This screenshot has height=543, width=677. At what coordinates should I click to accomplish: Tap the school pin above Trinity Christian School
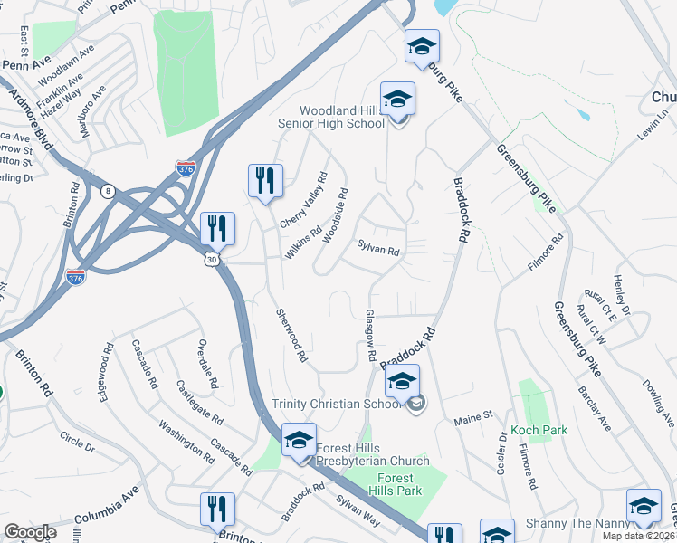tap(403, 381)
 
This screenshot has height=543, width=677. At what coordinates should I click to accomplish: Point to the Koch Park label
tap(539, 430)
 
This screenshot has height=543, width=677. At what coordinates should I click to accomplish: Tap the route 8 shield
tap(109, 191)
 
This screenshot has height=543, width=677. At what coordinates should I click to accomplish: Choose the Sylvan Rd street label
tap(378, 246)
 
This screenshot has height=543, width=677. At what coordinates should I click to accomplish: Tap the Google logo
tap(30, 532)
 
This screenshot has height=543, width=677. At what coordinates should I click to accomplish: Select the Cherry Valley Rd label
tap(303, 201)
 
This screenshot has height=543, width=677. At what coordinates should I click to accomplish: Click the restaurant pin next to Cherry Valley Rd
tap(265, 181)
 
